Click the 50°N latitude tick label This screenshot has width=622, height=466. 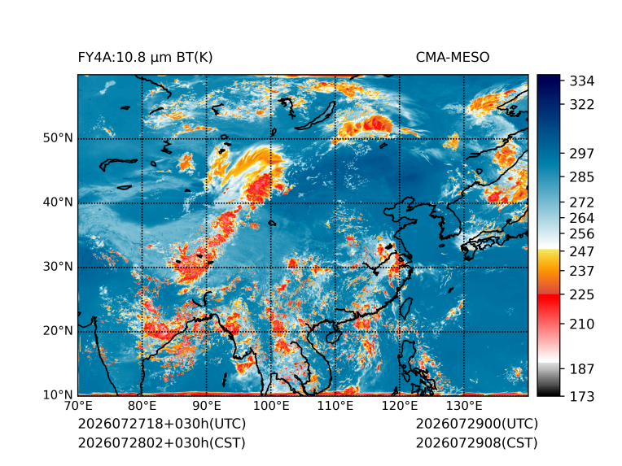point(58,138)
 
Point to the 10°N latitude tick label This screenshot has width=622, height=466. point(58,395)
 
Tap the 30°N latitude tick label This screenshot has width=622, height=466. point(58,267)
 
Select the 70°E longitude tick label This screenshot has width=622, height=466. point(78,406)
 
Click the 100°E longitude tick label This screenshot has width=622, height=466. point(271,406)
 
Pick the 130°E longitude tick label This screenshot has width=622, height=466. point(464,406)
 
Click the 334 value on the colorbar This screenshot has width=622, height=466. point(582,81)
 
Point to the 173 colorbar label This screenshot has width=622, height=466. point(582,396)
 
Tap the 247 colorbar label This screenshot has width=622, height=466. point(582,251)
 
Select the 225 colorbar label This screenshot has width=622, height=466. point(582,295)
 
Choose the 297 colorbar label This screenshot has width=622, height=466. point(582,154)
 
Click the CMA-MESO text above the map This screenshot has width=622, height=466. point(453,58)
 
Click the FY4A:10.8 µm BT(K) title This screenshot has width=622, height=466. point(145,58)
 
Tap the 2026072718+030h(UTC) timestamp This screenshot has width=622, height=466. point(162,424)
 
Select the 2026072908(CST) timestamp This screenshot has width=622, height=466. point(477,442)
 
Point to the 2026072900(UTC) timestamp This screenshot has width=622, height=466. point(477,424)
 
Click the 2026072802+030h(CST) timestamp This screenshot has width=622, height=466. point(161,442)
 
